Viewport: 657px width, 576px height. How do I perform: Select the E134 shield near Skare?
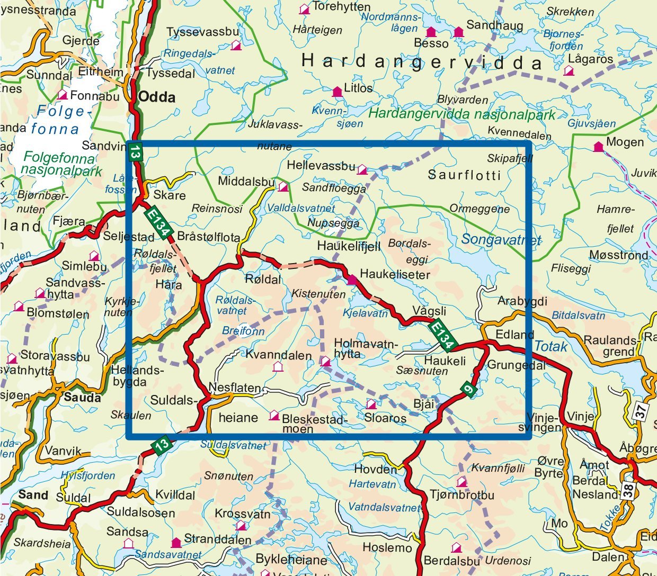158,221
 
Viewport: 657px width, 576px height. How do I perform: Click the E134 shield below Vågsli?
442,335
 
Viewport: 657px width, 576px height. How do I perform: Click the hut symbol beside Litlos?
336,92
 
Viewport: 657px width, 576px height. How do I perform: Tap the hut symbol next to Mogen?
598,147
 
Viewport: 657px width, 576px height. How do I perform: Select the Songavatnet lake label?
501,240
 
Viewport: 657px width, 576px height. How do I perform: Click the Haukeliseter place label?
395,274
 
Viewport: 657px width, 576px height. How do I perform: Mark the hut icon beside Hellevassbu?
362,169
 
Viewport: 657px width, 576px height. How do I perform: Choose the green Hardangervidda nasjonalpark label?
461,114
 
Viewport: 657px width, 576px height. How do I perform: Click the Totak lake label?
551,347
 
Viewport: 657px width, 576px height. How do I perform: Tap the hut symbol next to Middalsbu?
283,186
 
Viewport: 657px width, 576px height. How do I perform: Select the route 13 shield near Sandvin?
135,152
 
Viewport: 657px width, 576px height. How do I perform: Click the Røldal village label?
263,279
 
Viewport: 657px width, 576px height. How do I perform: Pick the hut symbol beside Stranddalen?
176,543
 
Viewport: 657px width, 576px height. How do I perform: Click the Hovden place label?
375,469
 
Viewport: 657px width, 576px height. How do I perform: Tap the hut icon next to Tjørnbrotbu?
462,482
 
